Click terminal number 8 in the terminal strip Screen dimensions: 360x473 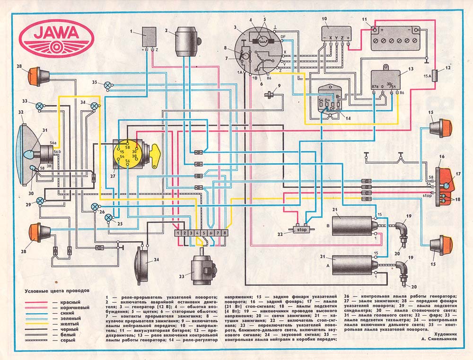(x=225, y=233)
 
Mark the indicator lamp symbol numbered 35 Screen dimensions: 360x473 (x=108, y=86)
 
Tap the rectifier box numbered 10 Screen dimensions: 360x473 (x=335, y=34)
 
